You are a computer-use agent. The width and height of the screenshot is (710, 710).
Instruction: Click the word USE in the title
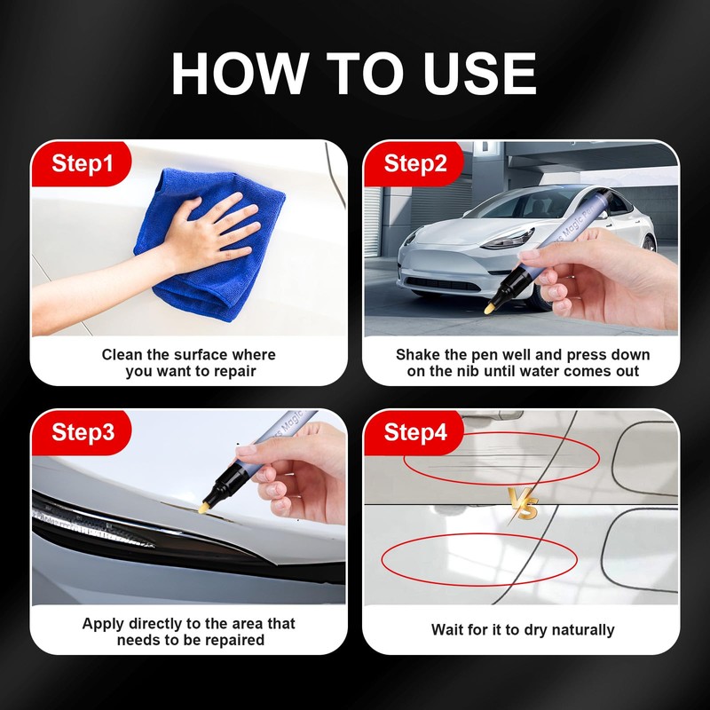tap(479, 74)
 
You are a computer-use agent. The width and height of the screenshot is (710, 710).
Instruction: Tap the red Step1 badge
tap(81, 163)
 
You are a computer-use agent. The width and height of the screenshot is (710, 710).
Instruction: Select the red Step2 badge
tap(414, 163)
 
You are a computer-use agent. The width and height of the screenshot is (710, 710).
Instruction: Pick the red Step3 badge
tap(81, 432)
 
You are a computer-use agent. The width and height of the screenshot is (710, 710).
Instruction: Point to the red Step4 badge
tap(414, 432)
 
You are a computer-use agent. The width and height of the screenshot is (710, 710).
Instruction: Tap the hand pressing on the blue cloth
tap(212, 233)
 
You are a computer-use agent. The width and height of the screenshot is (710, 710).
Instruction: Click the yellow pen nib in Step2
tap(489, 309)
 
